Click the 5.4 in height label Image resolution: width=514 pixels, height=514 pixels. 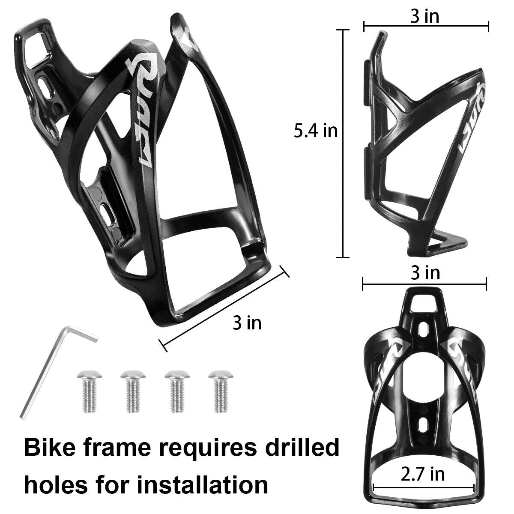pyautogui.click(x=316, y=131)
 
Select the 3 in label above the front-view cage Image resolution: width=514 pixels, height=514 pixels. pyautogui.click(x=425, y=273)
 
